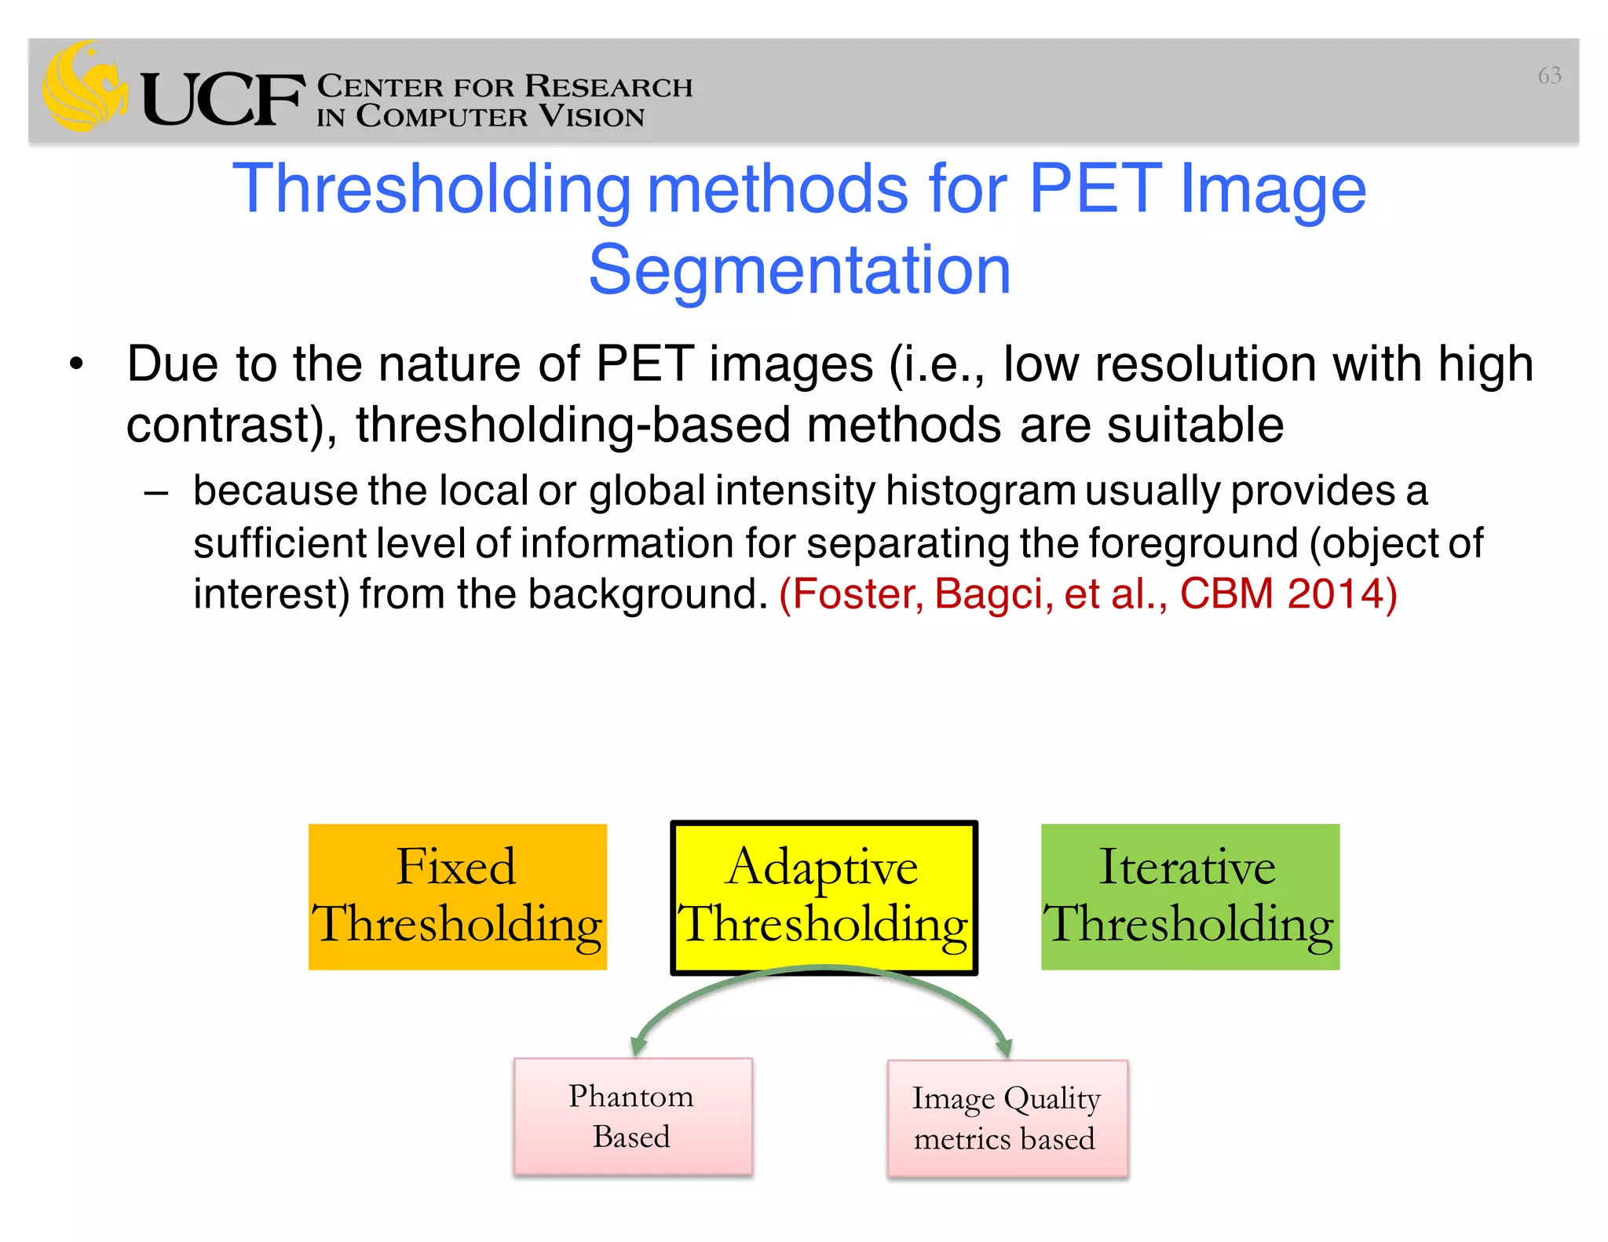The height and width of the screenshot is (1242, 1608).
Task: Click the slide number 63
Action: click(x=1549, y=75)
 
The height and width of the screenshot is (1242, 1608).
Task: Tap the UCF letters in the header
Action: click(x=222, y=100)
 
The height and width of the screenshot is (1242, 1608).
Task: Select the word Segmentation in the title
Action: click(x=799, y=270)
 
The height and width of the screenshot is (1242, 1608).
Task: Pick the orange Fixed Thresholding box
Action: click(x=457, y=897)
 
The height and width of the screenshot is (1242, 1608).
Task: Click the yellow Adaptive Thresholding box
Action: click(x=823, y=897)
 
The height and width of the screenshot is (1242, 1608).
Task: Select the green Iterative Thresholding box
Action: click(x=1190, y=897)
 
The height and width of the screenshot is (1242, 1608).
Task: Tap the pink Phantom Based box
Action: click(x=632, y=1116)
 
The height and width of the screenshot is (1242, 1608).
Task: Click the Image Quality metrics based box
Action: click(x=1007, y=1118)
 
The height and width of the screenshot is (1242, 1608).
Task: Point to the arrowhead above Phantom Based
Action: click(x=638, y=1047)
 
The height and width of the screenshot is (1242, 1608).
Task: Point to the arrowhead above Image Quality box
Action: click(x=1003, y=1047)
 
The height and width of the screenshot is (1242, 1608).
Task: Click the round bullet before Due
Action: click(x=75, y=365)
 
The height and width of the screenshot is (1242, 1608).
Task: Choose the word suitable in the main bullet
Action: click(x=1195, y=425)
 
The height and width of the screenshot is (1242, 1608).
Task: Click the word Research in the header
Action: click(x=608, y=86)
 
